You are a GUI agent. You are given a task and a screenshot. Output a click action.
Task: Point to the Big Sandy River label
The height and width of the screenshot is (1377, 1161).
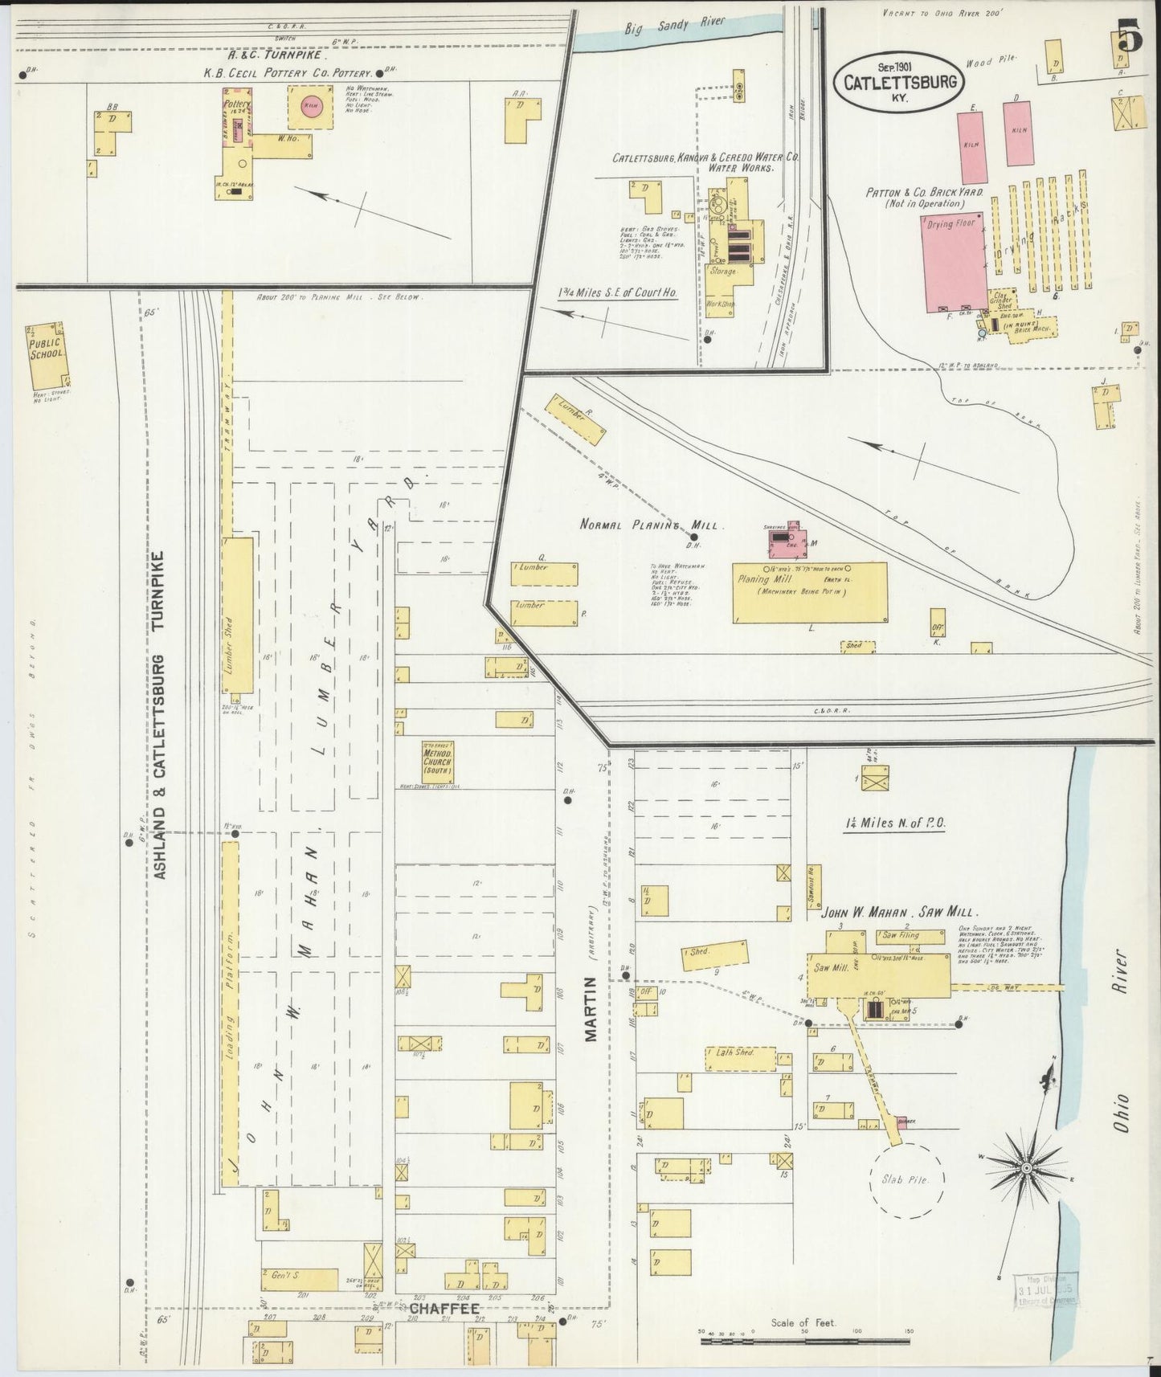click(675, 27)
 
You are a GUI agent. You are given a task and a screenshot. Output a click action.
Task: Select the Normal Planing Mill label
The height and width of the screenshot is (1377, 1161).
click(652, 524)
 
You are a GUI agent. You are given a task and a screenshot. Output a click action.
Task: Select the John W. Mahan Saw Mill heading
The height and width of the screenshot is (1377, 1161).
click(898, 913)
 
